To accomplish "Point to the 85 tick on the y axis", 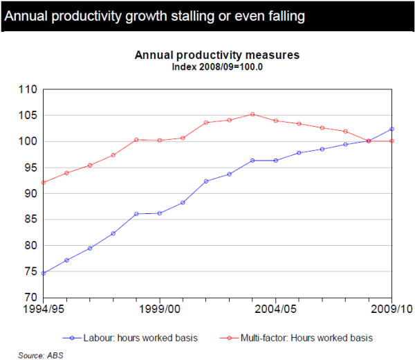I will point(28,219).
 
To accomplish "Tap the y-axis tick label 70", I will point(28,298).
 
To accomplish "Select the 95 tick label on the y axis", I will point(28,168).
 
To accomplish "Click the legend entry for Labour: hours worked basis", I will point(136,338).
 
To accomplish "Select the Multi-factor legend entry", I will point(304,338).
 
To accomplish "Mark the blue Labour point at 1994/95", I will point(44,273).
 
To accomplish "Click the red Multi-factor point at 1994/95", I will point(44,182).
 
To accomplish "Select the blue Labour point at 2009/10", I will point(391,129).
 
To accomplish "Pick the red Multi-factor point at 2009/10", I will point(391,141).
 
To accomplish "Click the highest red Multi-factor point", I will point(252,114).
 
